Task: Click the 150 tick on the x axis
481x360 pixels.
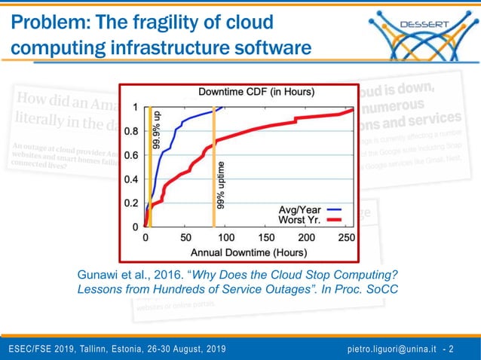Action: [266, 237]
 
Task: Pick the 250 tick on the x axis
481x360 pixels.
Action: [345, 237]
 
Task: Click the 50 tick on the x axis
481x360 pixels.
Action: [186, 237]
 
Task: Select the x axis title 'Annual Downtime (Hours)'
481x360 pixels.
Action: [247, 251]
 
